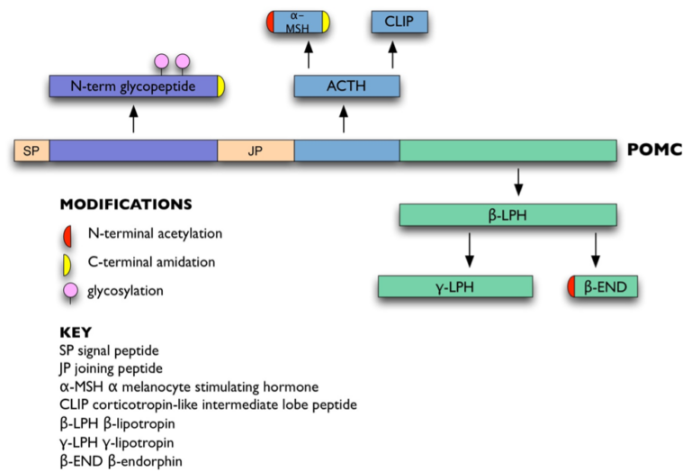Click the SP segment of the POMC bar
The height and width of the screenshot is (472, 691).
[31, 150]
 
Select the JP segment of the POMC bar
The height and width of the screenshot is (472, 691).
[256, 150]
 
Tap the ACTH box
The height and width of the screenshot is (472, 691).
[346, 86]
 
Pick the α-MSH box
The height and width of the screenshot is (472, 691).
[299, 23]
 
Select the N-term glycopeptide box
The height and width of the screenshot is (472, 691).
[131, 86]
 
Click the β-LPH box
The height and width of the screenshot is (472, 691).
[508, 215]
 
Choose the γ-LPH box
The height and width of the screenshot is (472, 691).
[455, 287]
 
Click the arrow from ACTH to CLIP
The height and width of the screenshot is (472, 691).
[392, 55]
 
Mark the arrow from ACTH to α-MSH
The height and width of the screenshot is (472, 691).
[309, 55]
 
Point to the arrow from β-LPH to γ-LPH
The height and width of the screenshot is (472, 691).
[469, 250]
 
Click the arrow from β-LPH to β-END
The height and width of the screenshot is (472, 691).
[596, 250]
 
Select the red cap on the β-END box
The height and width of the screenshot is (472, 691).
[571, 287]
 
